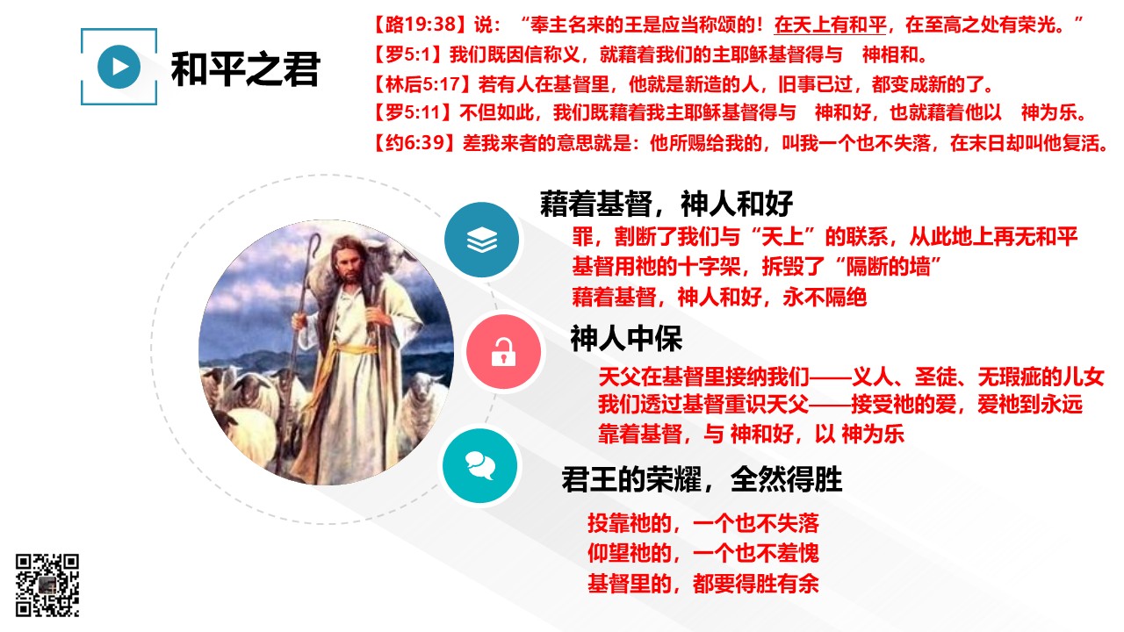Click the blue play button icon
pyautogui.click(x=119, y=67)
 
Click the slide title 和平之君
pyautogui.click(x=245, y=69)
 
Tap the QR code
pyautogui.click(x=47, y=585)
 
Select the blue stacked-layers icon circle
pyautogui.click(x=482, y=240)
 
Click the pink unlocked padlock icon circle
pyautogui.click(x=503, y=352)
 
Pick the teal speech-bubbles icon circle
pyautogui.click(x=480, y=466)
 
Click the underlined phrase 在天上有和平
pyautogui.click(x=831, y=25)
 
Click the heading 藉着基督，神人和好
pyautogui.click(x=666, y=204)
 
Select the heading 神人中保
pyautogui.click(x=626, y=339)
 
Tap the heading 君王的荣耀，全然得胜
pyautogui.click(x=702, y=479)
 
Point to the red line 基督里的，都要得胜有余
pyautogui.click(x=703, y=584)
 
